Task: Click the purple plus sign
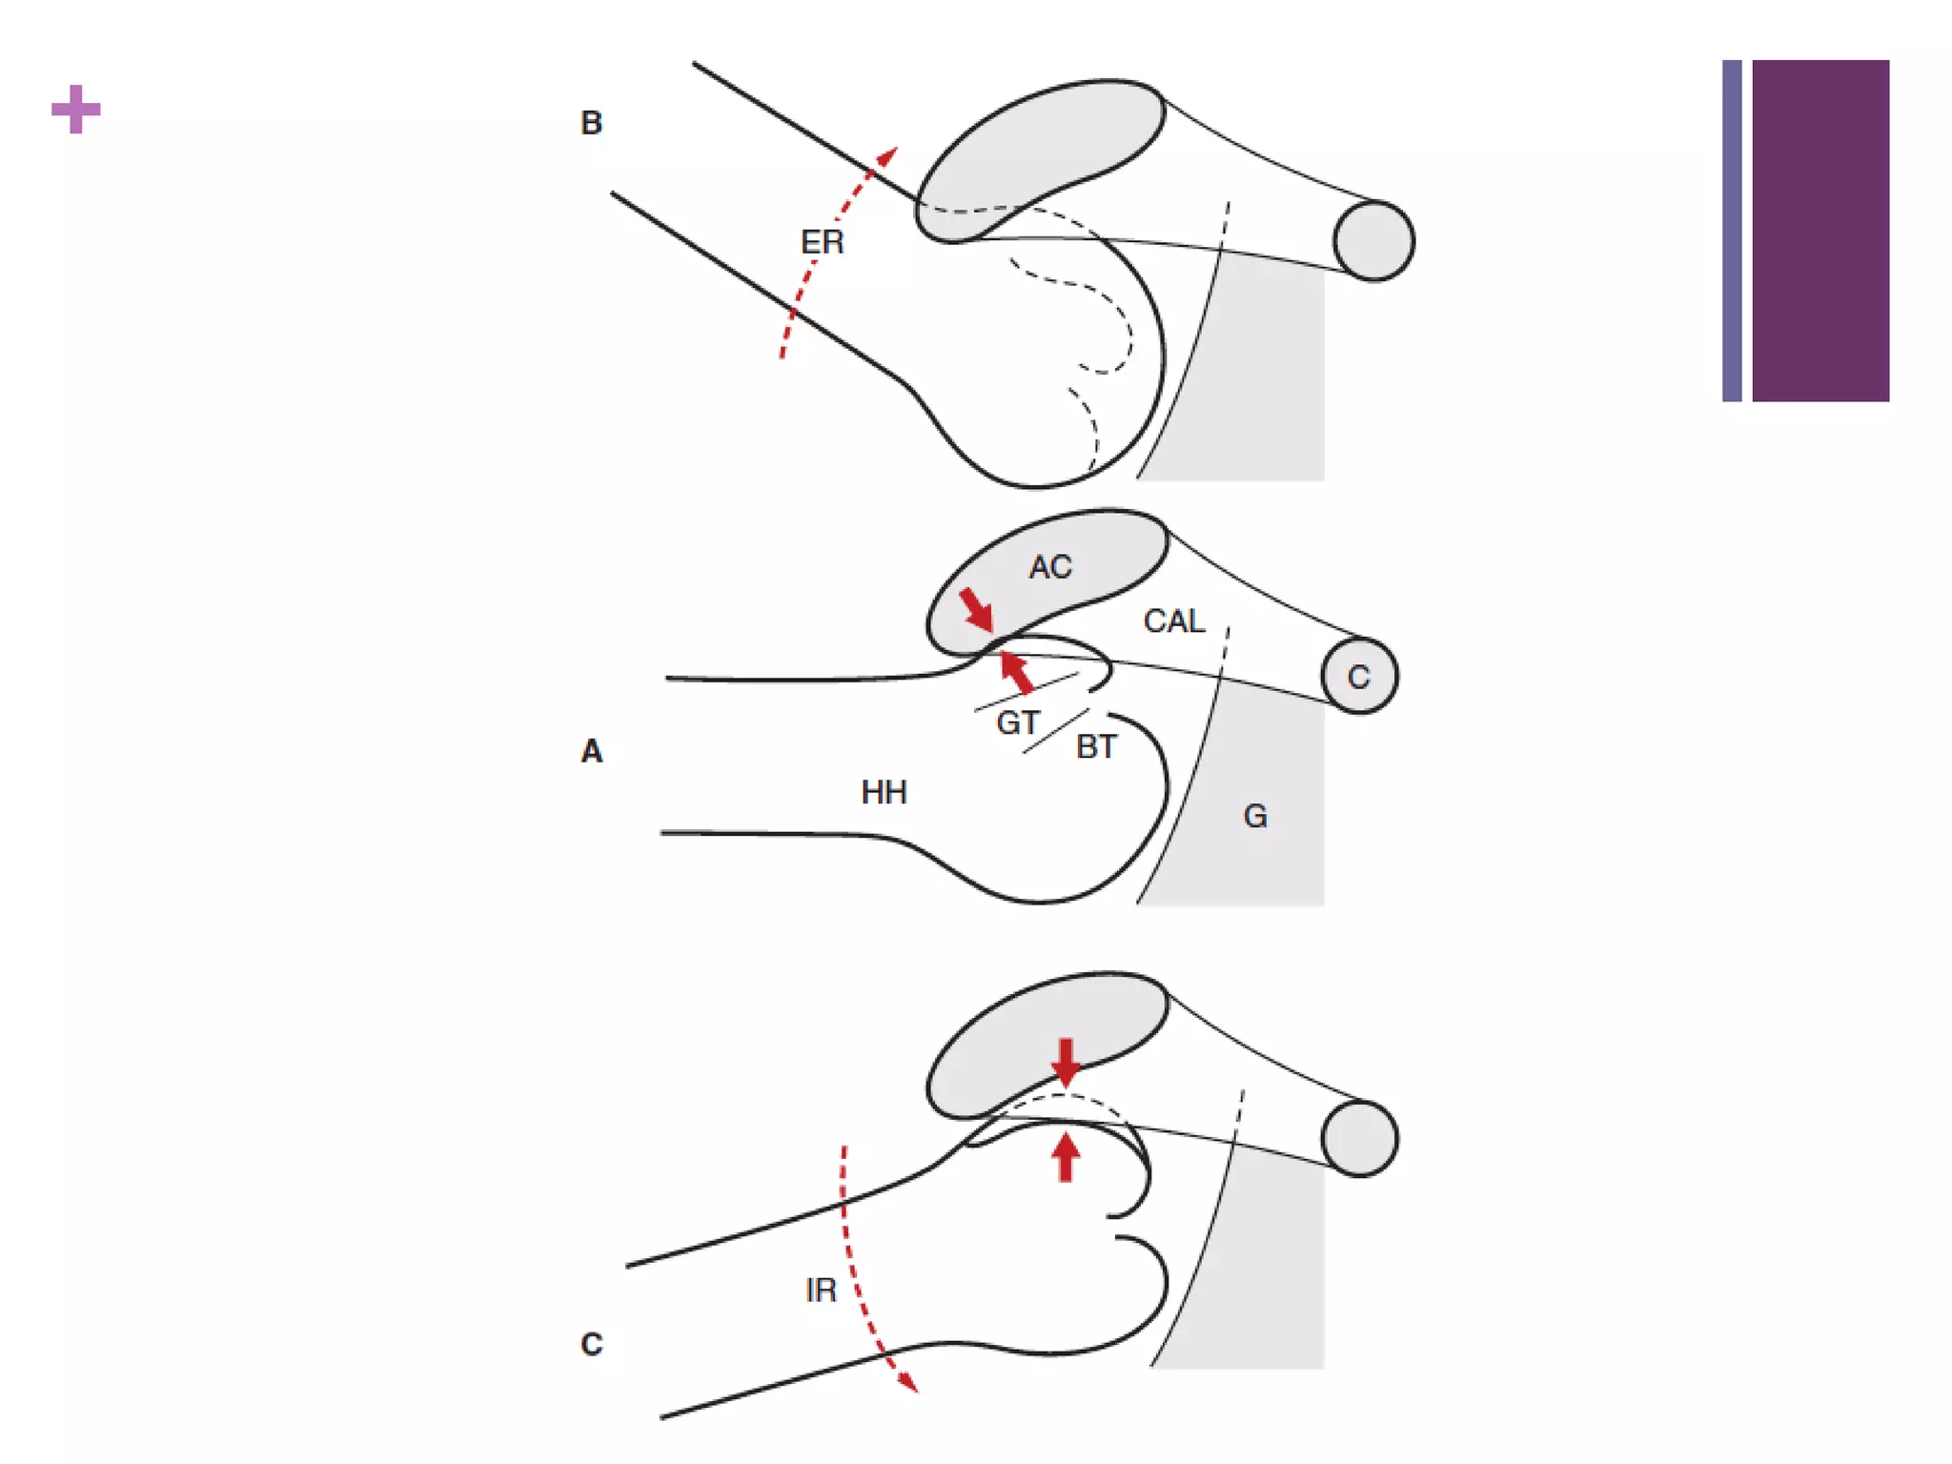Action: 76,109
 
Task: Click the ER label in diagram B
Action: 822,242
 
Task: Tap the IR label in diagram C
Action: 821,1290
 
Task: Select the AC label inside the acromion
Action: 1050,567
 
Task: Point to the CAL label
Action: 1173,621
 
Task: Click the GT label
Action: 1017,722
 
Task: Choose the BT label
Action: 1096,746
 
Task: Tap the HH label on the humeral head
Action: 884,792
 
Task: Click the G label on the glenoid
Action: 1255,816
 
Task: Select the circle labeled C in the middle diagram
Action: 1359,677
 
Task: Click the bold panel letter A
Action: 592,751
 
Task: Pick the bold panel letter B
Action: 591,123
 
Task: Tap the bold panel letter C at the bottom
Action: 591,1344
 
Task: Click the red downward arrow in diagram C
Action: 1066,1061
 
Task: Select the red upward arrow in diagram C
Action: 1066,1156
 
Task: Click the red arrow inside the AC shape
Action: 976,609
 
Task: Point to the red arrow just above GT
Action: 1016,671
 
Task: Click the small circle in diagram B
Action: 1373,241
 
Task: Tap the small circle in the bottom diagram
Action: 1359,1138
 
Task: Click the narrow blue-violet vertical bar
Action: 1732,231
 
